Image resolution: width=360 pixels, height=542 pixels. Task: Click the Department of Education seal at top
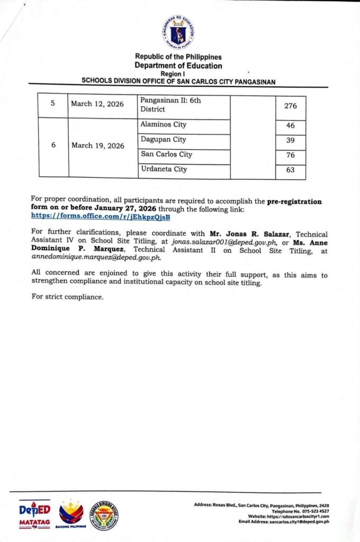pyautogui.click(x=178, y=32)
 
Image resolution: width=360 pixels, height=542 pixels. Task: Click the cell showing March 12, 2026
pyautogui.click(x=97, y=104)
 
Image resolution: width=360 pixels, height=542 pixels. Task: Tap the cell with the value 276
pyautogui.click(x=290, y=106)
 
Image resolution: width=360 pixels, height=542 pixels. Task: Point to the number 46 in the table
pyautogui.click(x=290, y=126)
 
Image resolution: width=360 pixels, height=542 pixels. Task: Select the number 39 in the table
pyautogui.click(x=290, y=140)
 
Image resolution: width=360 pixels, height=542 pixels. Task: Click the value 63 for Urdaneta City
pyautogui.click(x=290, y=170)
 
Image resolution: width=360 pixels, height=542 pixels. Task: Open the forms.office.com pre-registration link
pyautogui.click(x=101, y=216)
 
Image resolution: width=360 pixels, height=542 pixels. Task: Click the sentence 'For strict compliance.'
pyautogui.click(x=67, y=297)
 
